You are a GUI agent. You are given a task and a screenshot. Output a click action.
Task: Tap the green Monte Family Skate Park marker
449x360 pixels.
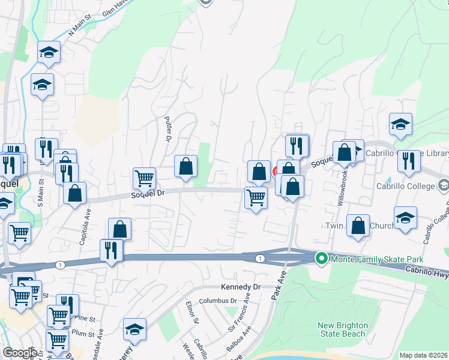point(321,259)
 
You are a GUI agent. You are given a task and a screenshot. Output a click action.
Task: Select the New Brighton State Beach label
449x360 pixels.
point(342,329)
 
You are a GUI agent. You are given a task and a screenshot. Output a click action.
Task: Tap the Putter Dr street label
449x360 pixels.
point(169,128)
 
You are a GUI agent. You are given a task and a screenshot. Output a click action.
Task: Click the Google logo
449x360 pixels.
point(20,353)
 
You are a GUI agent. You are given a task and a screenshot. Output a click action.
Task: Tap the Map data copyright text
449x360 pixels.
point(424,355)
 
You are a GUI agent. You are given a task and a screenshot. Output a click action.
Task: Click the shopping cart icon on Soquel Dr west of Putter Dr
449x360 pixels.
point(144,178)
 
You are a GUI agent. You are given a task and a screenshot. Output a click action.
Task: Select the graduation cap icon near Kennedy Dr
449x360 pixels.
point(134,329)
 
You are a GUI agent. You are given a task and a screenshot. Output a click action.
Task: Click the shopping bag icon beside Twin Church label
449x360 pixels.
point(358,226)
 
